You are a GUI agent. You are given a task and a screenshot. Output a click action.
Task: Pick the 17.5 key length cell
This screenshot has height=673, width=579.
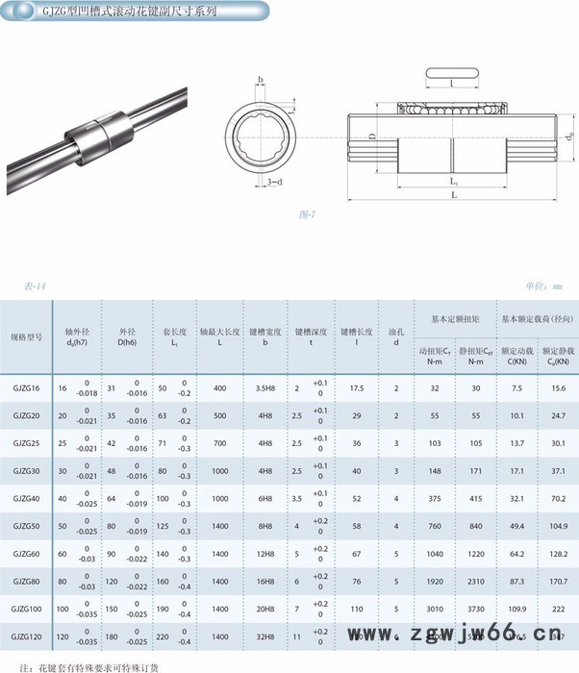[356, 387]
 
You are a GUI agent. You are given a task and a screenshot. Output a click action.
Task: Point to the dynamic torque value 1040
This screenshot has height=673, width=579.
[436, 554]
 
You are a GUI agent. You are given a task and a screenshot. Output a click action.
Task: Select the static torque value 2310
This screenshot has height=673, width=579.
[475, 582]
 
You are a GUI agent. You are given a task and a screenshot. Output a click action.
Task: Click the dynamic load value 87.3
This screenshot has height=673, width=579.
[516, 582]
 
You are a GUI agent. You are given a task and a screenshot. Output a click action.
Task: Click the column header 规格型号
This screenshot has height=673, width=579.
[27, 337]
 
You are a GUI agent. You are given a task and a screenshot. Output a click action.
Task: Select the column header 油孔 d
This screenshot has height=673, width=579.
[396, 336]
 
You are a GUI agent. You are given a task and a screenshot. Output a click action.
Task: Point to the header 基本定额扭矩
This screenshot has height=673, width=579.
[455, 317]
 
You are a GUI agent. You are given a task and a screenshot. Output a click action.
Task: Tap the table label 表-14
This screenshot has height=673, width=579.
[36, 286]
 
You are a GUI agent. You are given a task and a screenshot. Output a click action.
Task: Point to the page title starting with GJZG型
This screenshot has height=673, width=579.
[136, 14]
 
